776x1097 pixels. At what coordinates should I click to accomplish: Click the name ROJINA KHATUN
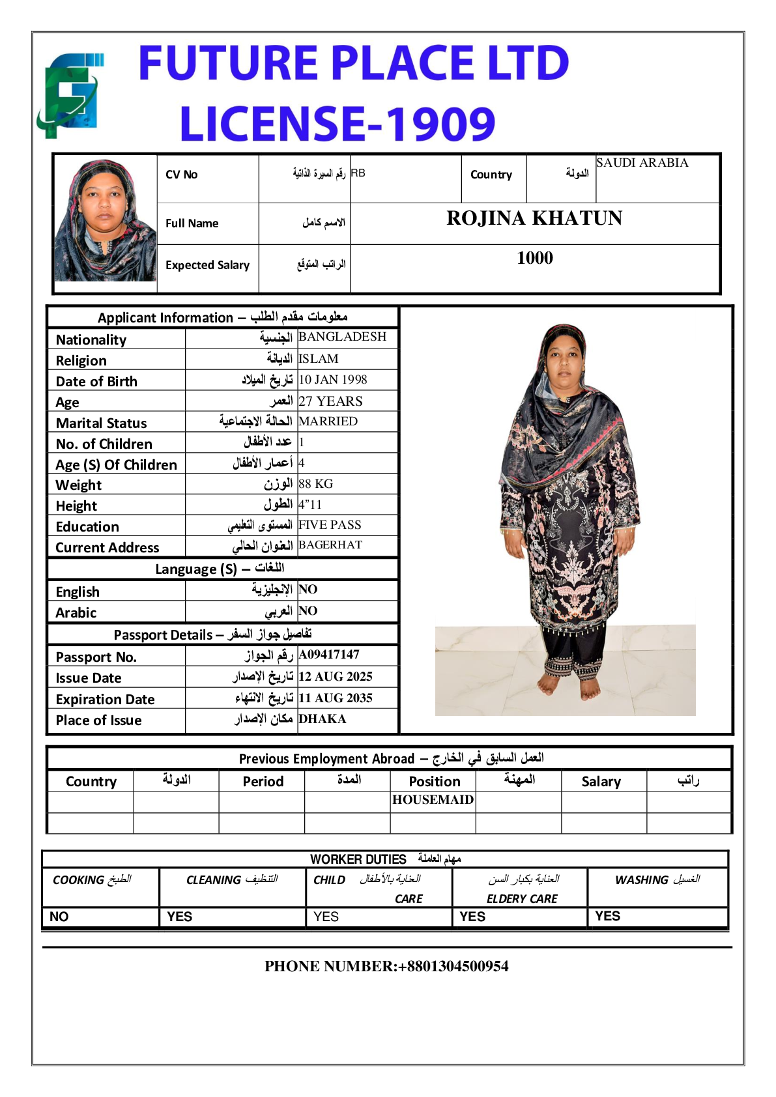coord(534,218)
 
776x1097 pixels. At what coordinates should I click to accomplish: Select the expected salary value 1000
coord(535,258)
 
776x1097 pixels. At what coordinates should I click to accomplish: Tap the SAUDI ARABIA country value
coord(642,163)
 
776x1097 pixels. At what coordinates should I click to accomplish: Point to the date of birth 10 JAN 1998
coord(333,380)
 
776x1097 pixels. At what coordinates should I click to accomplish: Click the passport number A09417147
coord(329,655)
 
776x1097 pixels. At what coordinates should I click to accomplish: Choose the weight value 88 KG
coord(316,484)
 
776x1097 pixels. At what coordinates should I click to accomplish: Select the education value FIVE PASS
coord(330,525)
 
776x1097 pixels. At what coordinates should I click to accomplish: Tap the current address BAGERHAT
coord(330,545)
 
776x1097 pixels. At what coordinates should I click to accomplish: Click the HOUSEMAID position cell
coord(433,800)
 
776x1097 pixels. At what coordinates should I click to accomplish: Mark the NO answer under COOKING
coord(59,917)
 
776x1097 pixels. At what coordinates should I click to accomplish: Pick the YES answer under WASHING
coord(607,916)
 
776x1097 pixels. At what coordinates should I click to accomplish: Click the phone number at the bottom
coord(386,966)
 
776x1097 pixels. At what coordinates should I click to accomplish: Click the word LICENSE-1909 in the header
coord(338,124)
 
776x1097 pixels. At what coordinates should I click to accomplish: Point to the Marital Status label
coord(102,423)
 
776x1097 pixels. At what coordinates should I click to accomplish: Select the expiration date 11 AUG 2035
coord(336,698)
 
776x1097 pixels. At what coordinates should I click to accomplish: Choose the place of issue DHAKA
coord(323,719)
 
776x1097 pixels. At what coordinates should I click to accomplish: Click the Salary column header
coord(601,782)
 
